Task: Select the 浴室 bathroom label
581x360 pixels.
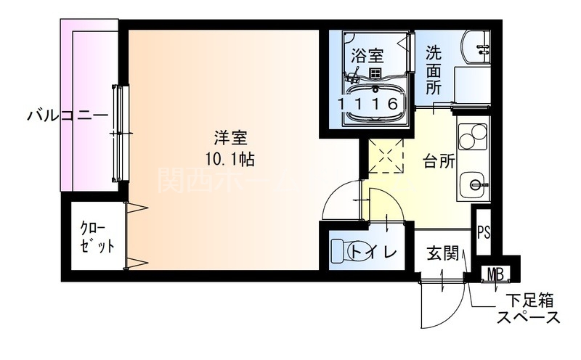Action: [x=367, y=55]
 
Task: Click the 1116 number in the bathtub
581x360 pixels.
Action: [x=368, y=103]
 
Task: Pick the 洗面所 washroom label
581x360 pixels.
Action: [x=434, y=70]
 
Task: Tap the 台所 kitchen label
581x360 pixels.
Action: [x=439, y=161]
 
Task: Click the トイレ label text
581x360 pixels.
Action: [x=373, y=253]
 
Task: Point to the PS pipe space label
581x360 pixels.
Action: [x=484, y=234]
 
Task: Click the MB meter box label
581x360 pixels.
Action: [x=497, y=274]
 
